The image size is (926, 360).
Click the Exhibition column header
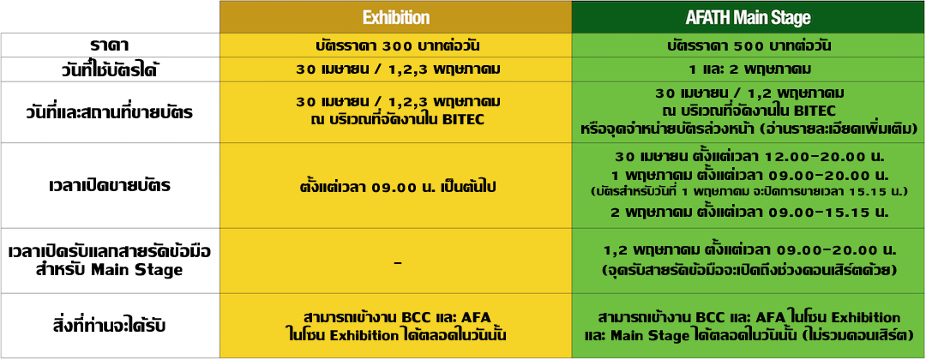click(x=395, y=18)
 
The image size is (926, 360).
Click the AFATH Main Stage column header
click(x=749, y=18)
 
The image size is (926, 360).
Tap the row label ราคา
click(x=110, y=45)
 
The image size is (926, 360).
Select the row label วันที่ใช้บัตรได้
click(x=110, y=69)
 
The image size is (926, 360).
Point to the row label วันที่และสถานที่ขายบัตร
click(x=110, y=112)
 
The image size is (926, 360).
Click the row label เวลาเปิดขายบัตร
click(x=110, y=186)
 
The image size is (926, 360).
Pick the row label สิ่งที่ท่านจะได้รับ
click(x=110, y=326)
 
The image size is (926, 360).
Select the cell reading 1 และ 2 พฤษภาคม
click(x=749, y=69)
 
